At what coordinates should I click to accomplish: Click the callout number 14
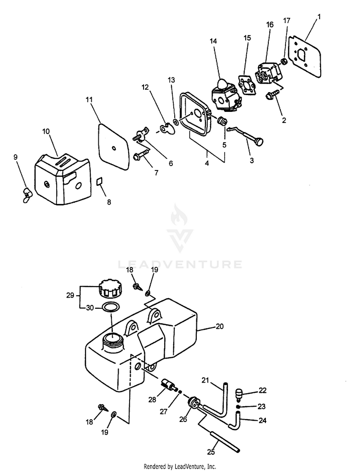(213, 41)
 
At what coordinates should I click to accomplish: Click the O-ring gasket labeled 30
(110, 307)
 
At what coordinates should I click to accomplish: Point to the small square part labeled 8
(101, 181)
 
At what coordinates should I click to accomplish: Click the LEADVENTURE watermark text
(180, 264)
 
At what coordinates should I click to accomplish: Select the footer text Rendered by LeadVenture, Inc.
(180, 466)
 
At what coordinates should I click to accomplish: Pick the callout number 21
(205, 381)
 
